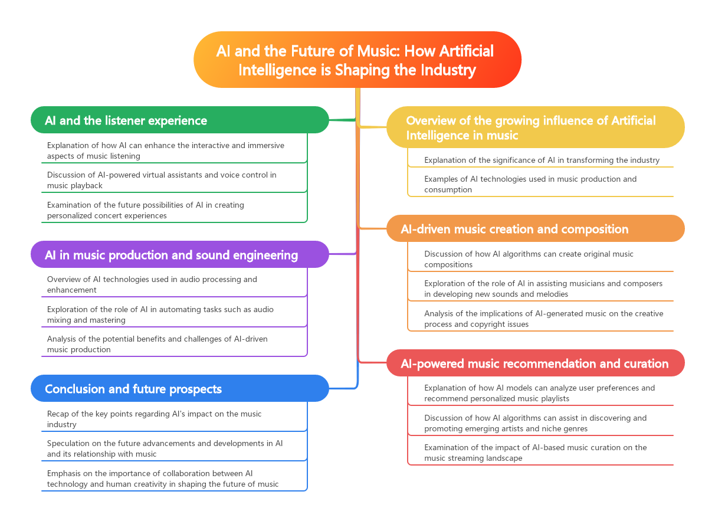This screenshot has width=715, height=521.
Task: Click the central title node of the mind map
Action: [x=357, y=60]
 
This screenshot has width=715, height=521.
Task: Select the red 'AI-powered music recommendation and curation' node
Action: [x=534, y=363]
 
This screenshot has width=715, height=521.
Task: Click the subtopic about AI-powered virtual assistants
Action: [x=162, y=180]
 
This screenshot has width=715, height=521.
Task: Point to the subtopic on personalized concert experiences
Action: [x=145, y=210]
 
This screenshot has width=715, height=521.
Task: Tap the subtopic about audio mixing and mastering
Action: [x=160, y=314]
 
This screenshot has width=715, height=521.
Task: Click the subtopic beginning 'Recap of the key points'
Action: [x=154, y=419]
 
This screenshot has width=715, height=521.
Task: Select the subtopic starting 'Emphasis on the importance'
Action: [x=162, y=479]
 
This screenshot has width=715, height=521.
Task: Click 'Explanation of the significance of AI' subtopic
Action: [x=542, y=160]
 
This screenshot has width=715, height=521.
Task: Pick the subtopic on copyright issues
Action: [x=543, y=319]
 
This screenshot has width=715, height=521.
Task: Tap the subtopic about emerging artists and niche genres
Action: [x=535, y=423]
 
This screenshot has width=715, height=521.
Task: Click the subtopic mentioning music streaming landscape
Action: [x=535, y=453]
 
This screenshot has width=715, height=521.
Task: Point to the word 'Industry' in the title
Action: [x=448, y=70]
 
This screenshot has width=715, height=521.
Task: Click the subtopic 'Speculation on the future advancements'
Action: [x=165, y=448]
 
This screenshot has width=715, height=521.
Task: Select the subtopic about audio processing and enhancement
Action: [x=152, y=284]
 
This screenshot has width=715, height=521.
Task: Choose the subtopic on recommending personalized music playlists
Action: [x=539, y=393]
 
